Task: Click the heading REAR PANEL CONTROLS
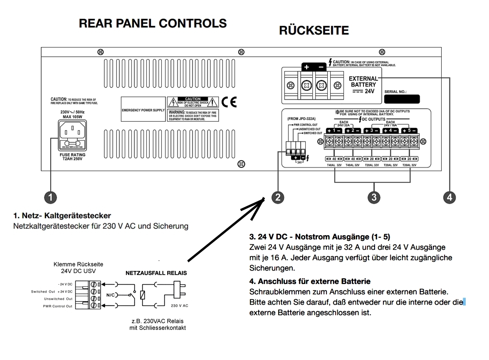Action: coord(153,23)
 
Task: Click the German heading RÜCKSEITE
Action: coord(314,31)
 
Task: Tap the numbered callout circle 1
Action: coord(50,197)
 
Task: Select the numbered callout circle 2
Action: coord(278,197)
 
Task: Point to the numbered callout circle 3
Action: coord(374,197)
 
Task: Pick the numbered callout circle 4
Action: coord(449,197)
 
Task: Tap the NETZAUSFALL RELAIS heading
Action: coord(156,273)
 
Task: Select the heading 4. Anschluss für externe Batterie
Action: coord(310,281)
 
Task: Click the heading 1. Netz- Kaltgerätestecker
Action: coord(62,216)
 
